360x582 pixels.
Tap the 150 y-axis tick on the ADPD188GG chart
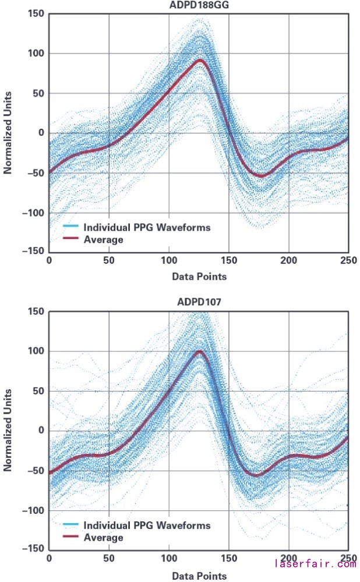37,14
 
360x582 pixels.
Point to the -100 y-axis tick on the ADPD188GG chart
34,213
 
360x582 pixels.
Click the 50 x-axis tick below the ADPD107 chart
108,558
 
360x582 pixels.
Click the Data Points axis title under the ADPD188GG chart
199,277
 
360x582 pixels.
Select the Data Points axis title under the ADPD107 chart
199,576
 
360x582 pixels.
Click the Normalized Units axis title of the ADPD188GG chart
8,133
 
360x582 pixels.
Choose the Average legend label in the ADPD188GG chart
103,239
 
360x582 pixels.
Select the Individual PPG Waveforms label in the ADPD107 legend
147,525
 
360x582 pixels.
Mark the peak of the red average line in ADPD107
200,351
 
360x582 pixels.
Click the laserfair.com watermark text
315,563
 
